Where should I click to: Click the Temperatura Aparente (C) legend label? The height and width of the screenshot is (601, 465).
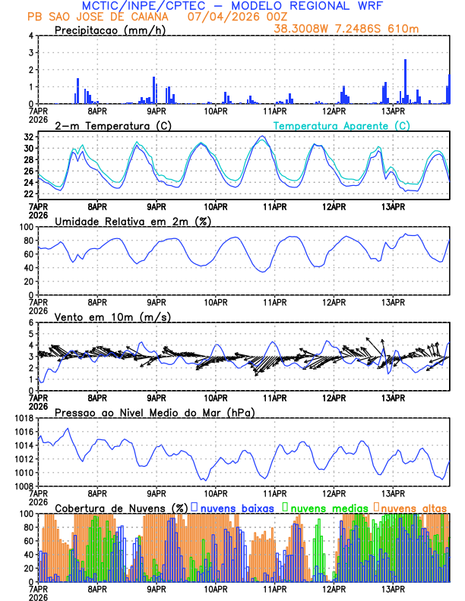341,125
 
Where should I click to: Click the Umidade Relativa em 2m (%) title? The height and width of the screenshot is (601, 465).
133,221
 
